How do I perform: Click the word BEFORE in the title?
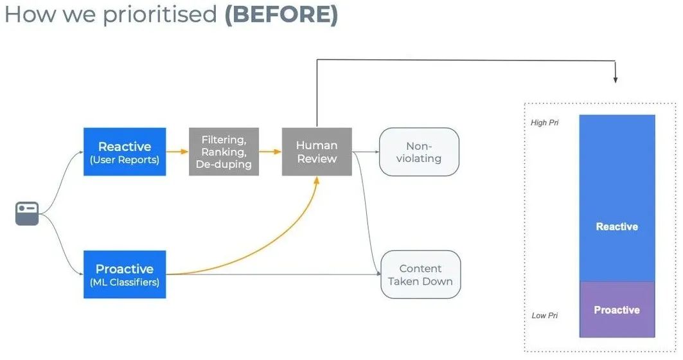[281, 14]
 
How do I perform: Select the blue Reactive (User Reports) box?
[125, 152]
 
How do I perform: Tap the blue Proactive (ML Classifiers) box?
[125, 274]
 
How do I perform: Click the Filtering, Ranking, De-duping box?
[224, 152]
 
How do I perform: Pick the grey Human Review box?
[317, 152]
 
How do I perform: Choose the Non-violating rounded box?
[419, 152]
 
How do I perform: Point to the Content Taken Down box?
[420, 274]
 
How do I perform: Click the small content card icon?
[27, 213]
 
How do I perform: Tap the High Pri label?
[544, 123]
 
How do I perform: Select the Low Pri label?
[544, 316]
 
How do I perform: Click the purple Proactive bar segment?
[617, 309]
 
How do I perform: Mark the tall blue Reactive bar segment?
[617, 198]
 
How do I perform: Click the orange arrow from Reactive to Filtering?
[177, 152]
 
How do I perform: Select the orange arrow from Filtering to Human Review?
[271, 152]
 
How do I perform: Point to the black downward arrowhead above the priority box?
[615, 80]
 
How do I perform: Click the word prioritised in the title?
[159, 15]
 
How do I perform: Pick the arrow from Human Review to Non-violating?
[366, 152]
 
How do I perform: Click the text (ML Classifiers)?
[125, 282]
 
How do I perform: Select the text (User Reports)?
[125, 160]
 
